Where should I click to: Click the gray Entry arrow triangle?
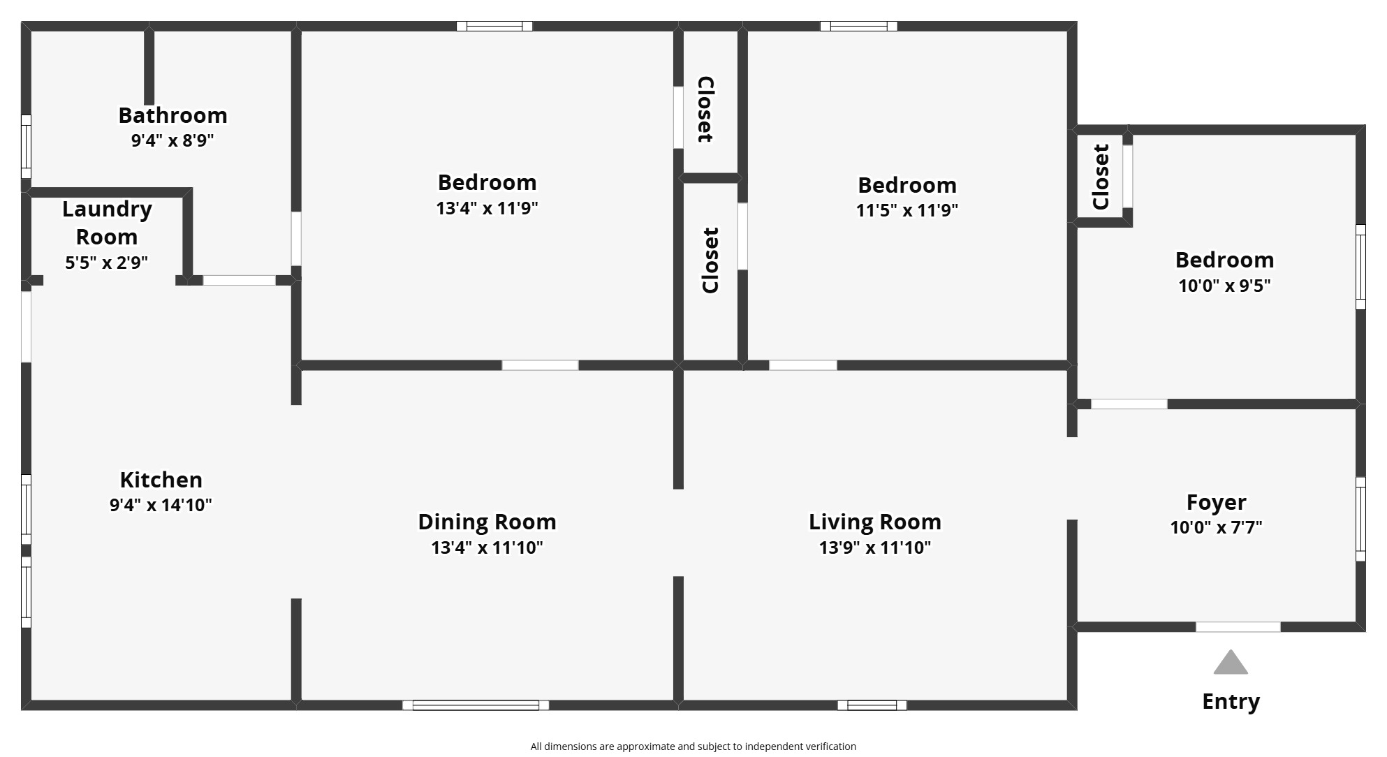(x=1230, y=664)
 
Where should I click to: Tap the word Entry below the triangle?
(x=1231, y=701)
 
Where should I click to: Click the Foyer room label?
(x=1216, y=502)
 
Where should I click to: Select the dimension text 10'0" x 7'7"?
(x=1216, y=527)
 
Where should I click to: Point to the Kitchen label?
(x=161, y=480)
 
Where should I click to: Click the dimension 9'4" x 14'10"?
(x=161, y=505)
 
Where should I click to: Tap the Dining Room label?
(x=487, y=522)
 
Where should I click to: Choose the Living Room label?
(x=874, y=522)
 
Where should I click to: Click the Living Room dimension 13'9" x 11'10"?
(x=874, y=547)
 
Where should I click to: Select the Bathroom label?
(x=173, y=115)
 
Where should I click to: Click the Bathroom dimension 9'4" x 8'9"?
(x=173, y=140)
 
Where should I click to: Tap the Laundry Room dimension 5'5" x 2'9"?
(x=106, y=263)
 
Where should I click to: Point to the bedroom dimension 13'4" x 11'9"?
(x=487, y=208)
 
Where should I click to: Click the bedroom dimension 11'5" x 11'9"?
(x=907, y=210)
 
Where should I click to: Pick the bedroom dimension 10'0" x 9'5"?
(x=1224, y=286)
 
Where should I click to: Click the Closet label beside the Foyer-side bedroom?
(x=1101, y=177)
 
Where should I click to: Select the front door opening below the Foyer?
(x=1238, y=627)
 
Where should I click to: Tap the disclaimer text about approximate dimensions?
(x=693, y=747)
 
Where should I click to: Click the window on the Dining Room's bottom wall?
(x=476, y=705)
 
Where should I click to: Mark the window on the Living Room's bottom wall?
(x=872, y=705)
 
